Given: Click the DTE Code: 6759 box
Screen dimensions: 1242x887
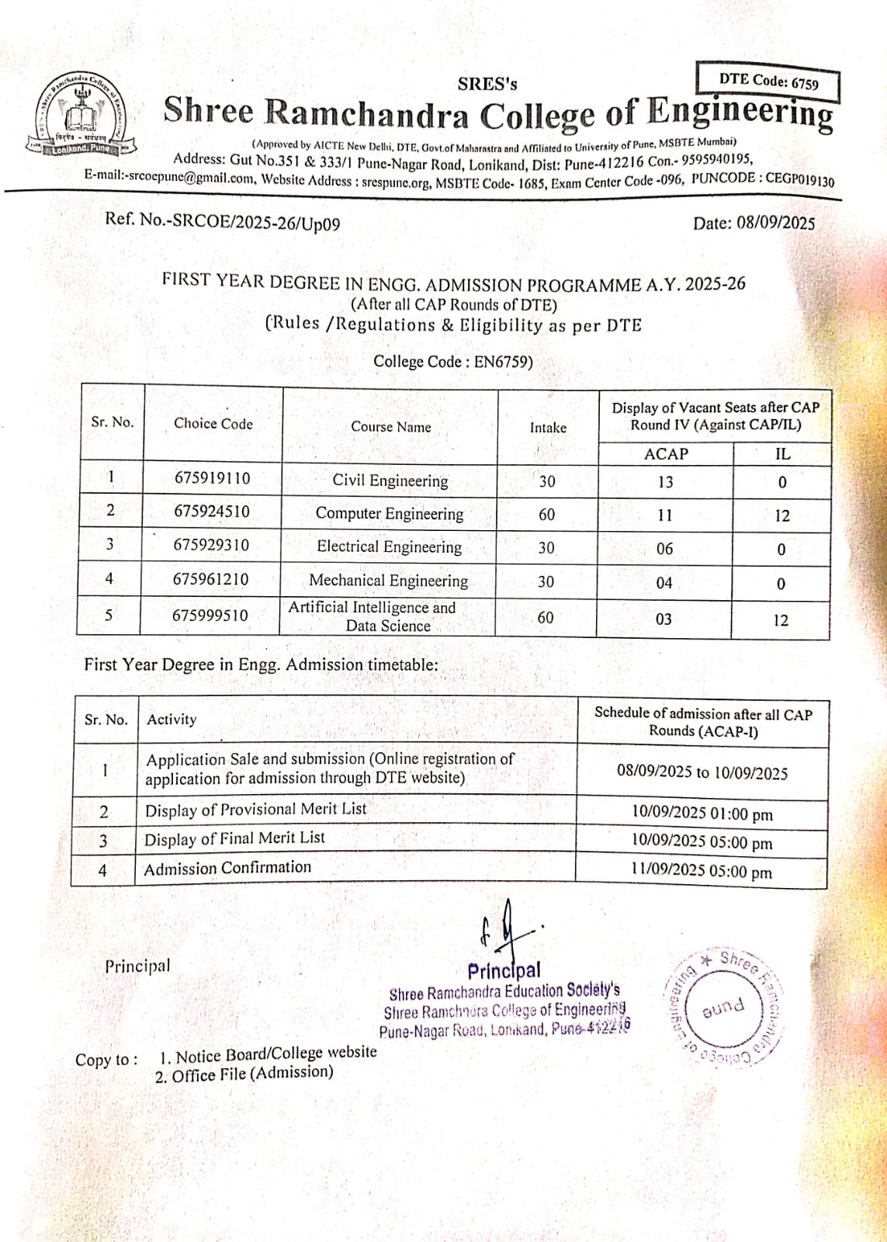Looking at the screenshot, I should click(x=767, y=82).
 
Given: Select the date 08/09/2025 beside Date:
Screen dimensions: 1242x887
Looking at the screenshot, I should click(x=775, y=224).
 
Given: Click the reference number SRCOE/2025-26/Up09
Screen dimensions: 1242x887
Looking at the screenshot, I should click(x=255, y=221).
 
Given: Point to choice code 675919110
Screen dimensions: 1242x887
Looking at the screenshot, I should click(x=212, y=478).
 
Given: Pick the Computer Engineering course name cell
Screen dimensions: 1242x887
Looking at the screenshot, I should click(x=390, y=514).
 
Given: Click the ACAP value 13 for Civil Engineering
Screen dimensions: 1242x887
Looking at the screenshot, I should click(x=665, y=482).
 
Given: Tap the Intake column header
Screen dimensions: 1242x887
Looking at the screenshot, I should click(x=548, y=428).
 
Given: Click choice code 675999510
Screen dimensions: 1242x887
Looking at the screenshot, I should click(x=210, y=616).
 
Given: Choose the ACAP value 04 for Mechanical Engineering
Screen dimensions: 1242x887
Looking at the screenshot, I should click(x=664, y=583).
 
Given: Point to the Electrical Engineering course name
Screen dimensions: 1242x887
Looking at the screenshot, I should click(x=389, y=547).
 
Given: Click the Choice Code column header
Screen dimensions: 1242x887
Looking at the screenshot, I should click(x=213, y=424).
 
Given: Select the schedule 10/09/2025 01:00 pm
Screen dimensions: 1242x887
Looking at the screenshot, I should click(x=702, y=814).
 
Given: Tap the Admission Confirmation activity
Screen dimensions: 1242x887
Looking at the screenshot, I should click(x=227, y=868).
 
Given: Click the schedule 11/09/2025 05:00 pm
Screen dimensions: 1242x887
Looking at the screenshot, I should click(x=701, y=871).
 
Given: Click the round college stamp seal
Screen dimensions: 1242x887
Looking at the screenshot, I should click(x=722, y=1008).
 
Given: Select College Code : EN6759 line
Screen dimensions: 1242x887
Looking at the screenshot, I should click(x=453, y=362).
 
